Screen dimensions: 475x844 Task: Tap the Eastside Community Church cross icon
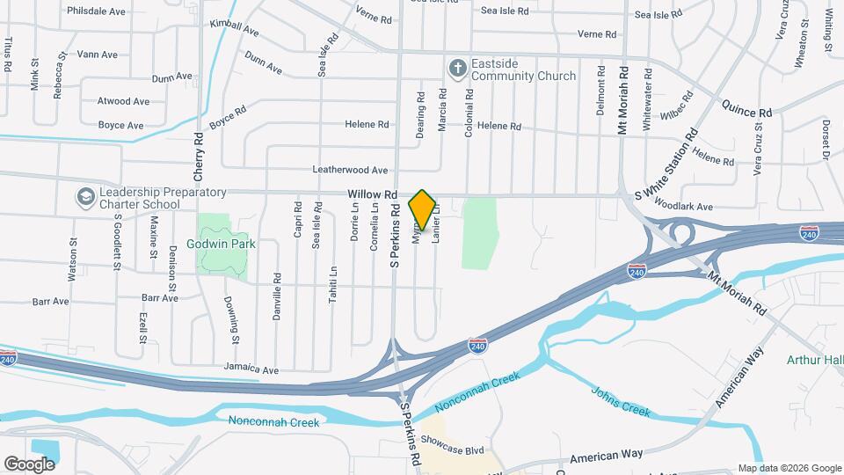pyautogui.click(x=457, y=67)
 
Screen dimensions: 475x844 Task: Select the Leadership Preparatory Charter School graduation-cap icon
pyautogui.click(x=86, y=195)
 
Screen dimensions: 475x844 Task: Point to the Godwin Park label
pyautogui.click(x=221, y=244)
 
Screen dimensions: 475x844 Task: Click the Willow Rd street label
pyautogui.click(x=373, y=194)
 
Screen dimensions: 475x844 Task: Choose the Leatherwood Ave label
pyautogui.click(x=350, y=170)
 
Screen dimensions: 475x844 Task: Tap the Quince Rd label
pyautogui.click(x=746, y=113)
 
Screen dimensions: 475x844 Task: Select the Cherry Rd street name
pyautogui.click(x=199, y=151)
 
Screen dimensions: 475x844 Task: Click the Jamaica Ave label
pyautogui.click(x=251, y=369)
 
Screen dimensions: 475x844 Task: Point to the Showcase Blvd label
pyautogui.click(x=452, y=450)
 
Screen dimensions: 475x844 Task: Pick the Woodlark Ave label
pyautogui.click(x=683, y=206)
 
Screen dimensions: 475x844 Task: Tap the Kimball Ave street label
pyautogui.click(x=234, y=27)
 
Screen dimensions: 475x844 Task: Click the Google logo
pyautogui.click(x=29, y=464)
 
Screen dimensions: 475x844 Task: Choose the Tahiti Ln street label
pyautogui.click(x=333, y=284)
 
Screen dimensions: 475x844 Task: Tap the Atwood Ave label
pyautogui.click(x=123, y=101)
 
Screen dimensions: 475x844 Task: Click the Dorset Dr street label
pyautogui.click(x=826, y=139)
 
